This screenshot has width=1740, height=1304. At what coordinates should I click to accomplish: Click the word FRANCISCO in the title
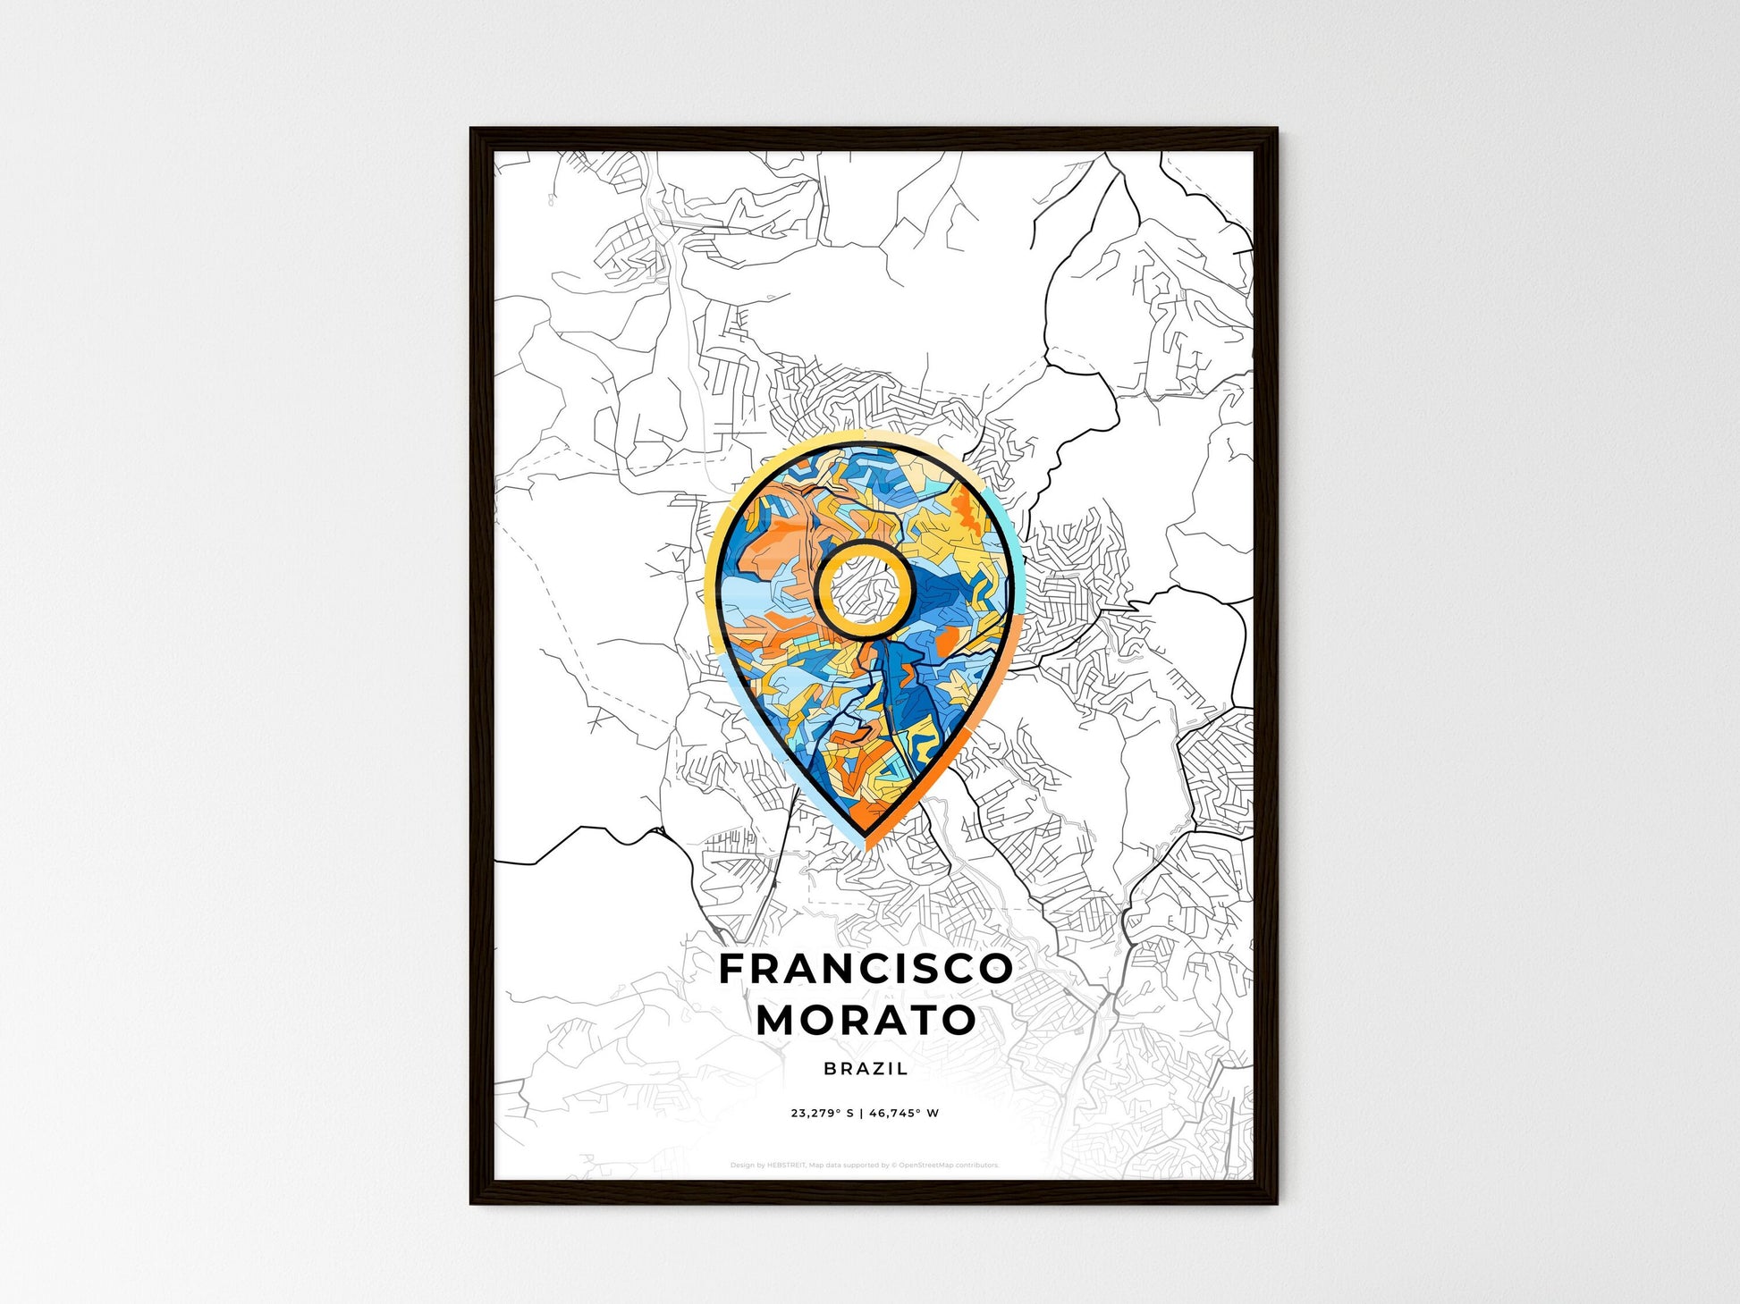click(x=866, y=969)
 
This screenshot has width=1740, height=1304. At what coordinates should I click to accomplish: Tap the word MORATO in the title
click(x=866, y=1020)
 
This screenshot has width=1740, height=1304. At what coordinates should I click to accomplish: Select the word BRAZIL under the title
click(x=866, y=1068)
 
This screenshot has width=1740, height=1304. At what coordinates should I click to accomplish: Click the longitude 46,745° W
click(x=904, y=1114)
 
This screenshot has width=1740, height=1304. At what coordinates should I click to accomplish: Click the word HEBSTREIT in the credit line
click(x=786, y=1165)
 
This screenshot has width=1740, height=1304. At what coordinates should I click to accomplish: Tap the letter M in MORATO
click(x=777, y=1020)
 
